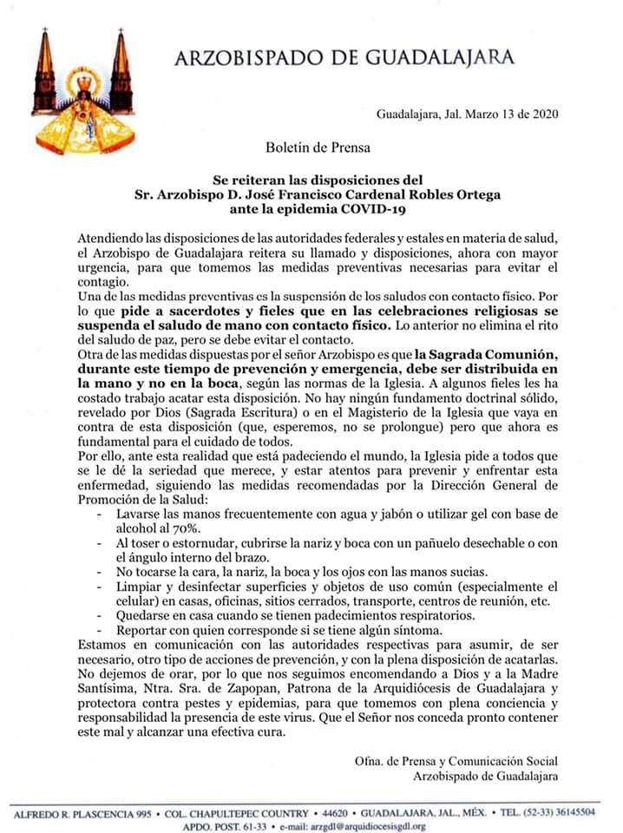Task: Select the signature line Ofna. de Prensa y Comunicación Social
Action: click(456, 762)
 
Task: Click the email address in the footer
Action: click(368, 826)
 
